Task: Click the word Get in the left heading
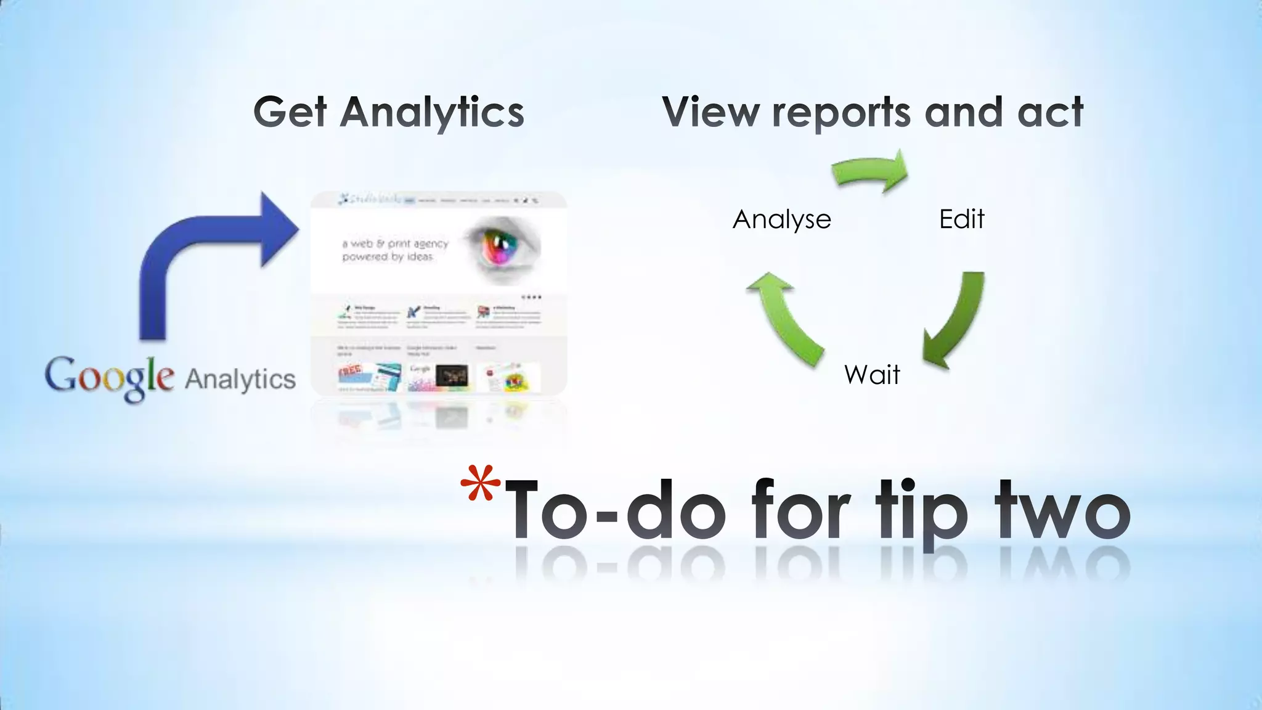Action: pyautogui.click(x=290, y=112)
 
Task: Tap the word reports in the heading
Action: pyautogui.click(x=841, y=112)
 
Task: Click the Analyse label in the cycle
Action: pyautogui.click(x=781, y=219)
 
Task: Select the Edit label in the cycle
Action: pyautogui.click(x=961, y=219)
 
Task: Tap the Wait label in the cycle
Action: pyautogui.click(x=872, y=375)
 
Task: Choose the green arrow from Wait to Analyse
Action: pyautogui.click(x=786, y=317)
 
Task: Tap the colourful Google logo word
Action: pyautogui.click(x=109, y=377)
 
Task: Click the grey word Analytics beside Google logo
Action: pyautogui.click(x=240, y=378)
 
